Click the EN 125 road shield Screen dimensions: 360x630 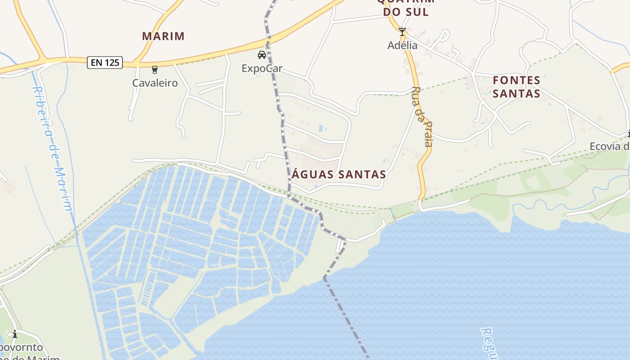click(x=105, y=63)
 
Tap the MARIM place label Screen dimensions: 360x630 click(x=163, y=36)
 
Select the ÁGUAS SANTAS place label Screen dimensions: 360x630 click(x=339, y=174)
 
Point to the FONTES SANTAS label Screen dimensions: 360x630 click(x=516, y=87)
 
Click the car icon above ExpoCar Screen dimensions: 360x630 click(x=261, y=55)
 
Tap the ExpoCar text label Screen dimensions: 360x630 click(x=262, y=68)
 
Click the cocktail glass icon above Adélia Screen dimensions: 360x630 click(x=402, y=32)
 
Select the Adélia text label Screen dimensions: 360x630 click(x=402, y=45)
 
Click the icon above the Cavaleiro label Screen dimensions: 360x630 click(x=155, y=69)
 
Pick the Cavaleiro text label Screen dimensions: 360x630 click(x=155, y=83)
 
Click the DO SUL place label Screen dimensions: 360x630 click(x=406, y=12)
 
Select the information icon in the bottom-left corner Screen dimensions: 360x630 click(x=15, y=334)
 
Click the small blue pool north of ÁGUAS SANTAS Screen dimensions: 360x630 click(x=321, y=128)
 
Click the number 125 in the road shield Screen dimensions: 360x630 click(x=112, y=63)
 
